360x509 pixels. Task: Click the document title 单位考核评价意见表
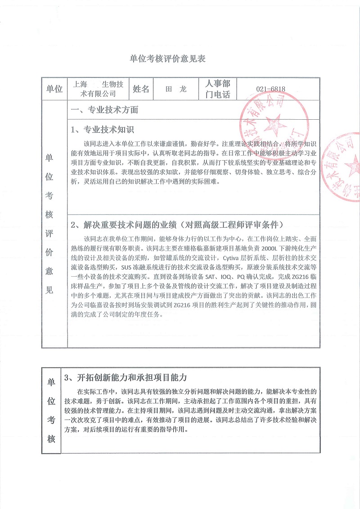pyautogui.click(x=167, y=59)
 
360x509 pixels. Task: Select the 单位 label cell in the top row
pyautogui.click(x=54, y=89)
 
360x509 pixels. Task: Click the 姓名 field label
pyautogui.click(x=141, y=89)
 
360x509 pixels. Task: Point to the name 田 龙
pyautogui.click(x=176, y=89)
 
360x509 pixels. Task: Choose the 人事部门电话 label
pyautogui.click(x=217, y=89)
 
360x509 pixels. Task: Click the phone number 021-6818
pyautogui.click(x=270, y=89)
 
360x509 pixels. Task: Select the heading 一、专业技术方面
pyautogui.click(x=105, y=110)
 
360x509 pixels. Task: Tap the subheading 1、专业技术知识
pyautogui.click(x=103, y=130)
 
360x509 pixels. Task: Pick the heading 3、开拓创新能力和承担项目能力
pyautogui.click(x=126, y=377)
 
